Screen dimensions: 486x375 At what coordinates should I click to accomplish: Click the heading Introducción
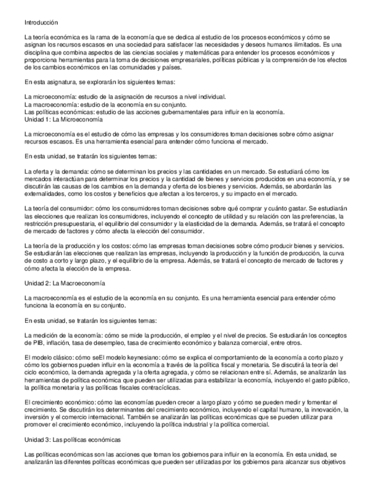(41, 22)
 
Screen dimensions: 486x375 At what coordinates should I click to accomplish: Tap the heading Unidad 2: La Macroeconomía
(65, 283)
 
